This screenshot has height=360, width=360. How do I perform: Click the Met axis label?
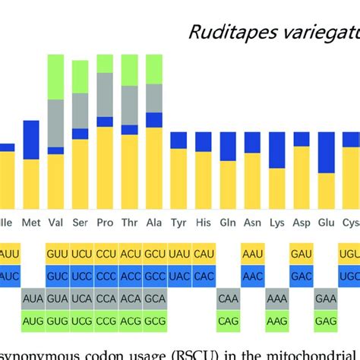32,223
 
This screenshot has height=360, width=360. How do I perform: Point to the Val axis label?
56,223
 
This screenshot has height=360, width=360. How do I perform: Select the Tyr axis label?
178,223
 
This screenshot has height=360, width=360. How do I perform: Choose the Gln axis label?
227,223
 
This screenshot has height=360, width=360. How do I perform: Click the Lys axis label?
276,223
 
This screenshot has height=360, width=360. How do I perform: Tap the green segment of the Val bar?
56,77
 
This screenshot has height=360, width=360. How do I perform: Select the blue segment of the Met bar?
32,140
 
